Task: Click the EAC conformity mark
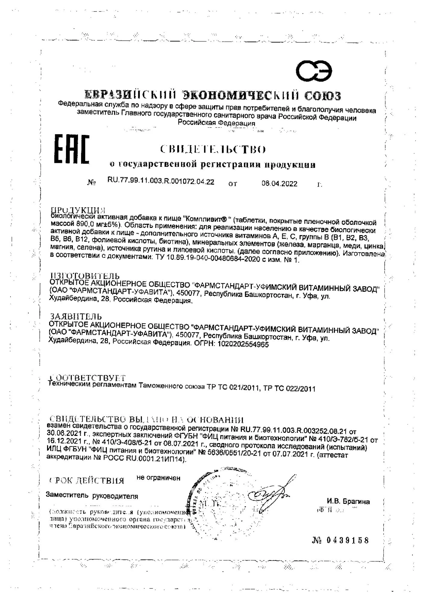[72, 150]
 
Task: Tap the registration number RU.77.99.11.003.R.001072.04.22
[161, 181]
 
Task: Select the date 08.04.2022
[279, 184]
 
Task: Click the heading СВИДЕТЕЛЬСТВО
[213, 149]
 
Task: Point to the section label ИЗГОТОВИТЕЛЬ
[85, 275]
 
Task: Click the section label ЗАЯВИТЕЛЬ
[76, 316]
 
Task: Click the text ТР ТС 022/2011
[289, 389]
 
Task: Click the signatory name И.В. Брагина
[348, 501]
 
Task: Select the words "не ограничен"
[158, 478]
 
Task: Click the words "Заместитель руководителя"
[92, 496]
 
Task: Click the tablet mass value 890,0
[85, 224]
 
